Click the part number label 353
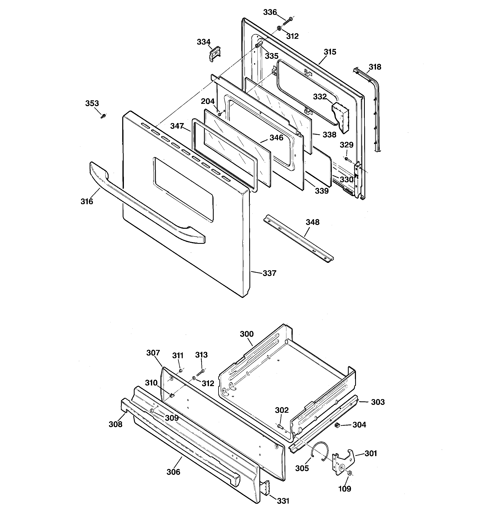tap(92, 103)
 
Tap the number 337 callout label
tap(269, 273)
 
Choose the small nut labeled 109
tap(350, 473)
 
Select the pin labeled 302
tap(280, 427)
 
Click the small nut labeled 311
tap(180, 370)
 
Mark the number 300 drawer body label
tap(247, 334)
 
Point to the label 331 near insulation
tap(283, 501)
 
